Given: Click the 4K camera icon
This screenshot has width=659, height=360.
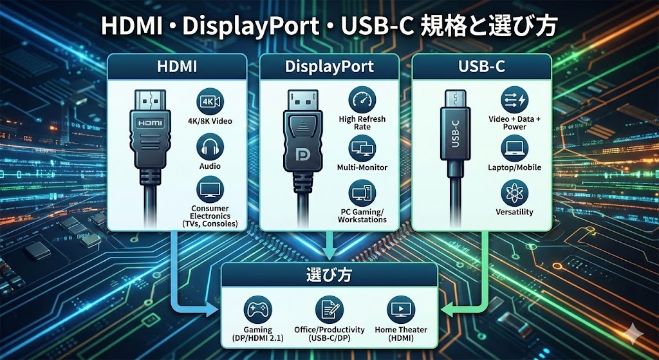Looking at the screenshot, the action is (x=210, y=101).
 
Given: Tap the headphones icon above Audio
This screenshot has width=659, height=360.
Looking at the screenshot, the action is (x=210, y=147).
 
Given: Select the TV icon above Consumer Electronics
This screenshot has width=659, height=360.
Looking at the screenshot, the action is (x=210, y=190).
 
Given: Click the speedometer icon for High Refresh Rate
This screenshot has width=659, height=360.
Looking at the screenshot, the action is (x=362, y=100).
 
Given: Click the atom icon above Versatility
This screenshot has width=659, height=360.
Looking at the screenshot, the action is (x=514, y=193).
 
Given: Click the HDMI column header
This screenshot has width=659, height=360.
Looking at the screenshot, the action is (x=176, y=67).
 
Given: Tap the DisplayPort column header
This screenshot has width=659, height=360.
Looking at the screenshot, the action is (x=329, y=67).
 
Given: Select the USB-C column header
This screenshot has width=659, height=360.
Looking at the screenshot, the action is (x=481, y=67).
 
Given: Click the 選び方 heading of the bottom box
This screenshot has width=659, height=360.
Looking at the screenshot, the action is (x=329, y=276).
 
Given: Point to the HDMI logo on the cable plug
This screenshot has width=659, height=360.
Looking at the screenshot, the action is (x=150, y=122).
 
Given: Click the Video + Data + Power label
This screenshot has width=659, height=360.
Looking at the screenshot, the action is (x=514, y=123).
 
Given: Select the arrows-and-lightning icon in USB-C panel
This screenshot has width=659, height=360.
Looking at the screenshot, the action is (x=514, y=100).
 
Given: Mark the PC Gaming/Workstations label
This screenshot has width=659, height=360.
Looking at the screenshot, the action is (x=362, y=215).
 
